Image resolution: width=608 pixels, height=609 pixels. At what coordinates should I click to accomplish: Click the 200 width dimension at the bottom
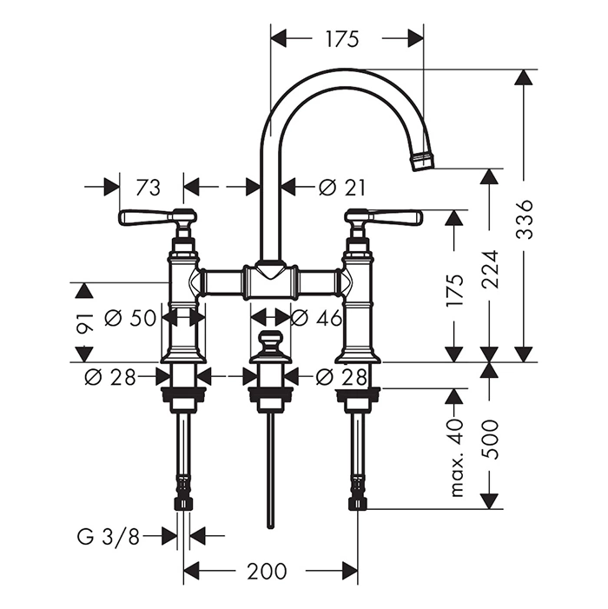267,571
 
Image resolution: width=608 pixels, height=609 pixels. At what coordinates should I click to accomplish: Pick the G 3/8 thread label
108,536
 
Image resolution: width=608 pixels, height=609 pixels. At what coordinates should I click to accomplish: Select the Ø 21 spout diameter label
341,187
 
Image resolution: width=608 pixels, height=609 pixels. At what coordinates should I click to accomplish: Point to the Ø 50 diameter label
130,318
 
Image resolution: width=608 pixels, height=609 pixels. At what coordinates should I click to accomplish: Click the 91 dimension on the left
83,321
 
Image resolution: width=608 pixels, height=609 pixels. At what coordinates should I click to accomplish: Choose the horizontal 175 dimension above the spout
342,38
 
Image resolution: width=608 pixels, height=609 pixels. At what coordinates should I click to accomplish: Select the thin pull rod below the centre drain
269,469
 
